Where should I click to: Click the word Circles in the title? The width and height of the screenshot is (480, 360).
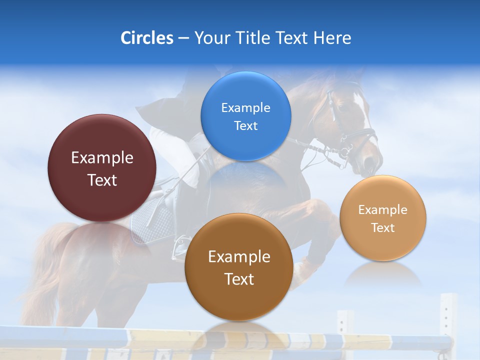click(146, 38)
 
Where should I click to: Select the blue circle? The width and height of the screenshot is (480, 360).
click(245, 116)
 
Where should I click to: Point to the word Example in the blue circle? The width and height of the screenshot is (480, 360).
click(245, 107)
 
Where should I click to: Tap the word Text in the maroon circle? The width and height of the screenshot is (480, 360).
click(102, 180)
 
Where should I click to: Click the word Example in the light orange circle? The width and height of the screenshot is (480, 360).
click(382, 210)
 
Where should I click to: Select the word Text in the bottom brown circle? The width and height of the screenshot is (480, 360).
click(239, 279)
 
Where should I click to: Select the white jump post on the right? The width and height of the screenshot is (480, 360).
click(448, 320)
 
